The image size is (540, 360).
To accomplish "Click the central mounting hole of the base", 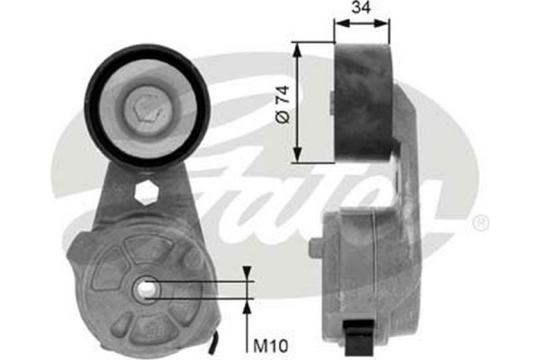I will [143, 289].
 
